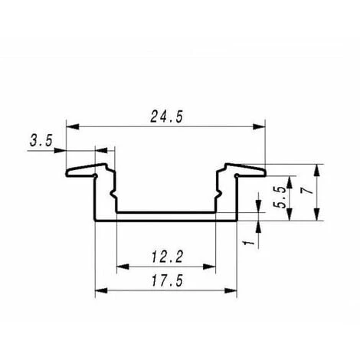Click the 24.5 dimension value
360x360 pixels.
[166, 116]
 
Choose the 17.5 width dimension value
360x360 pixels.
[166, 281]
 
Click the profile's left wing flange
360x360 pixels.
[84, 169]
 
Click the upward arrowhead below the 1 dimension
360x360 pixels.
[260, 227]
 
